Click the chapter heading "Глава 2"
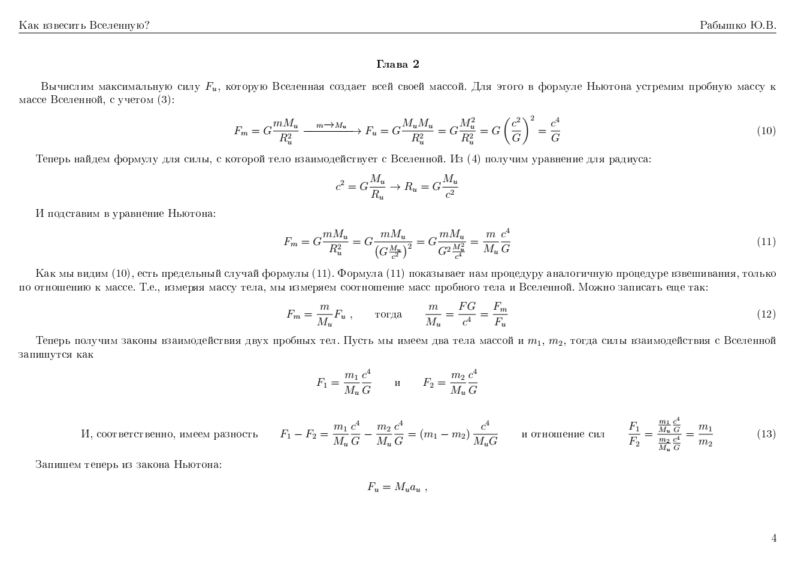tap(397, 64)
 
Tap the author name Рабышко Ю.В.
tap(737, 25)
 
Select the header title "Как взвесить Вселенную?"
tap(84, 25)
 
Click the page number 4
tap(773, 538)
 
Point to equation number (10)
tap(766, 131)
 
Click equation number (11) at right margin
tap(766, 242)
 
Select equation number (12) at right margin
tap(766, 315)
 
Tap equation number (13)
tap(766, 434)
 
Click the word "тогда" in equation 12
tap(388, 315)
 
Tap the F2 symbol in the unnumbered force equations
tap(428, 383)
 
